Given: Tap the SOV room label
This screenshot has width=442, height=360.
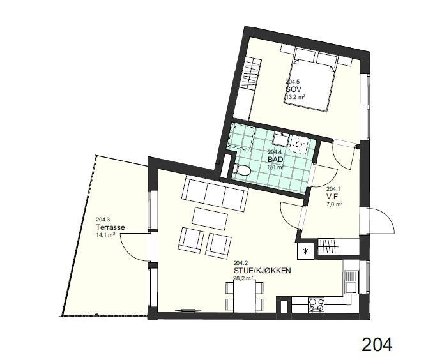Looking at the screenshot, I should (x=293, y=89).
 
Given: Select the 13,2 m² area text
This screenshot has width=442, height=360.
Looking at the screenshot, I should (x=296, y=97).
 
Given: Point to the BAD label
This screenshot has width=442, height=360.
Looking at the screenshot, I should (x=275, y=159).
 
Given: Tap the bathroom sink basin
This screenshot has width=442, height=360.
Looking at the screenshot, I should (x=281, y=139).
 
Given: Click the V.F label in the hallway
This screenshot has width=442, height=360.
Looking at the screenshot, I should (x=332, y=197).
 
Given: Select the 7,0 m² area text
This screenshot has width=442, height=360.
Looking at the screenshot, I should (x=335, y=204).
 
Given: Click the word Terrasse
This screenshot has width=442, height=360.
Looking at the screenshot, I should (x=110, y=227).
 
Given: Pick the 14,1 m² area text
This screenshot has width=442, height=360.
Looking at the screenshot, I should (x=105, y=235).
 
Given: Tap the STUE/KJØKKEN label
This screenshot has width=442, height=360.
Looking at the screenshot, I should (x=263, y=271).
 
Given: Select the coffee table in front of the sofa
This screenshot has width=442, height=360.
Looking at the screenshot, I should (x=210, y=218).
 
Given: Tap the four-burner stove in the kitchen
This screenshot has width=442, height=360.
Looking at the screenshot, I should (x=316, y=305).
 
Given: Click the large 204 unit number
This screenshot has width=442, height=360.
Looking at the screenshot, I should (x=377, y=344).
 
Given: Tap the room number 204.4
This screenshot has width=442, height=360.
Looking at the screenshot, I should (x=275, y=152).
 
